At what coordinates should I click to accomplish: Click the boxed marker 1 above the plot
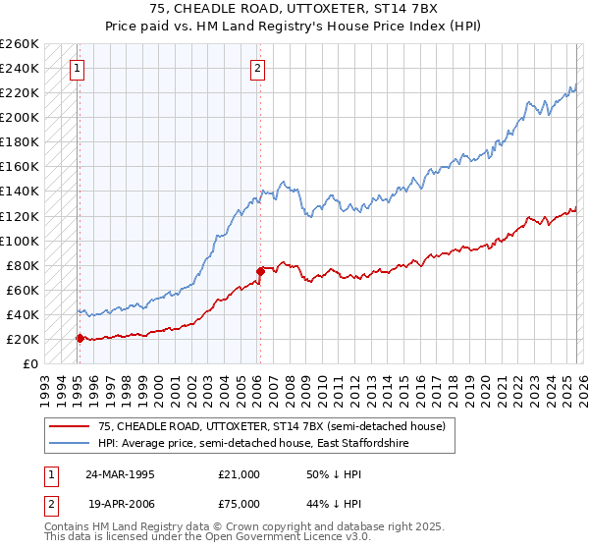(x=77, y=69)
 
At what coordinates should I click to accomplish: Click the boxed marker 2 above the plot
(x=257, y=69)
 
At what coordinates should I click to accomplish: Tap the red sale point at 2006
(x=260, y=271)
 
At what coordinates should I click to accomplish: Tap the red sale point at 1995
(x=80, y=338)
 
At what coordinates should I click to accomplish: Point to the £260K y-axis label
(x=19, y=44)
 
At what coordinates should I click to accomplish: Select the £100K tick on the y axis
(x=19, y=241)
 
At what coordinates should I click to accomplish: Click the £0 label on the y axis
(x=29, y=363)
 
